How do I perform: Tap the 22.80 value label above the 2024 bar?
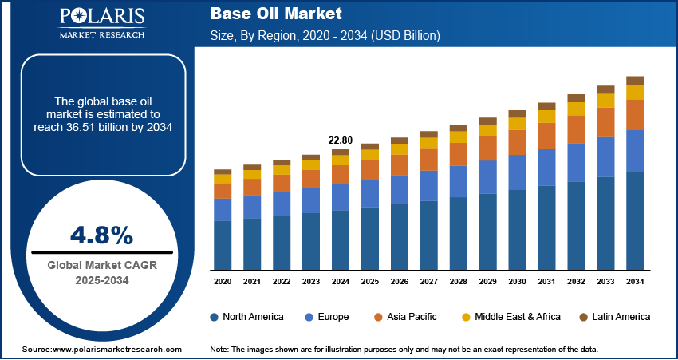tap(341, 140)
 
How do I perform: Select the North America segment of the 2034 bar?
tap(635, 220)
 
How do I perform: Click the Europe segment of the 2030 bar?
tap(518, 172)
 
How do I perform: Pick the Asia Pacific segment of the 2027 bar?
tap(429, 160)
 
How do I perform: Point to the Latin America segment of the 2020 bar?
tap(223, 172)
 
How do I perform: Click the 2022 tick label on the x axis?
tap(282, 282)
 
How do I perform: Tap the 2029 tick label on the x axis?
tap(488, 282)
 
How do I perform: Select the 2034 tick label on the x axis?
tap(635, 282)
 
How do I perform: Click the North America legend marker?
tap(215, 317)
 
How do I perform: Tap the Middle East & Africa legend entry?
tap(510, 317)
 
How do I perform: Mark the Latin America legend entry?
tap(614, 317)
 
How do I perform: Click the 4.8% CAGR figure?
tap(101, 235)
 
